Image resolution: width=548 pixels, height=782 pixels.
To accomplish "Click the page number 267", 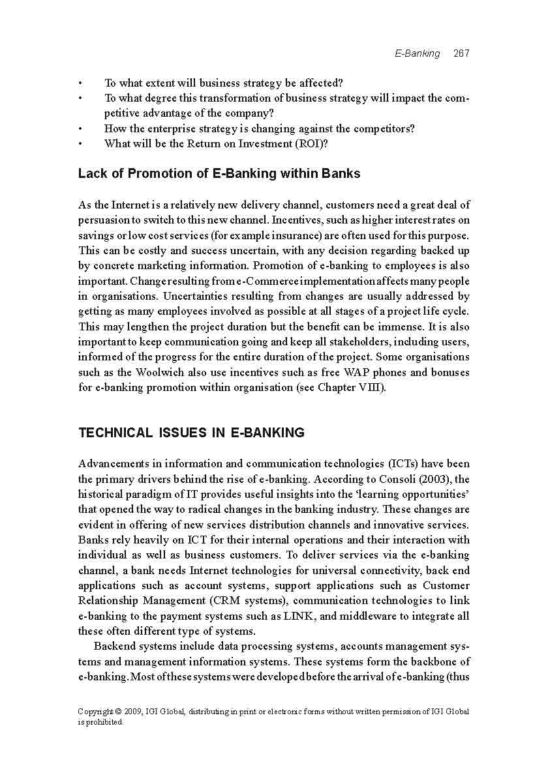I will coord(461,53).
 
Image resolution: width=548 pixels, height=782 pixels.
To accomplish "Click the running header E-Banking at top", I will coord(418,53).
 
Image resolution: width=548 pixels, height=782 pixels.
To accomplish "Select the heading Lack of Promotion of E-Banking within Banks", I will coord(219,174).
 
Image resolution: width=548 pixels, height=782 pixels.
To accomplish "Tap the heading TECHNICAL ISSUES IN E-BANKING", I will coord(191,433).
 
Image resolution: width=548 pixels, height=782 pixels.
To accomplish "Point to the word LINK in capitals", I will coord(299,616).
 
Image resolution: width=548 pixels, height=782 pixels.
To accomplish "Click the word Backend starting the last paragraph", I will coord(115,646).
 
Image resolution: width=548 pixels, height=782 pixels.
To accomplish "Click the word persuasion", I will coord(108,220).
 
